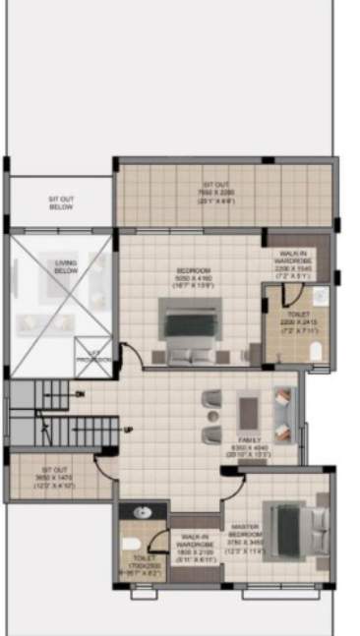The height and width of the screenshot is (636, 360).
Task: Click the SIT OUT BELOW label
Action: point(61,202)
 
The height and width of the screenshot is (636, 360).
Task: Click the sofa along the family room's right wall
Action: point(284,414)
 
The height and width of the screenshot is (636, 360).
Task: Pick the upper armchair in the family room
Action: point(210,399)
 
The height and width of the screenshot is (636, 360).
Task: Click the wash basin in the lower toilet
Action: point(141,511)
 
